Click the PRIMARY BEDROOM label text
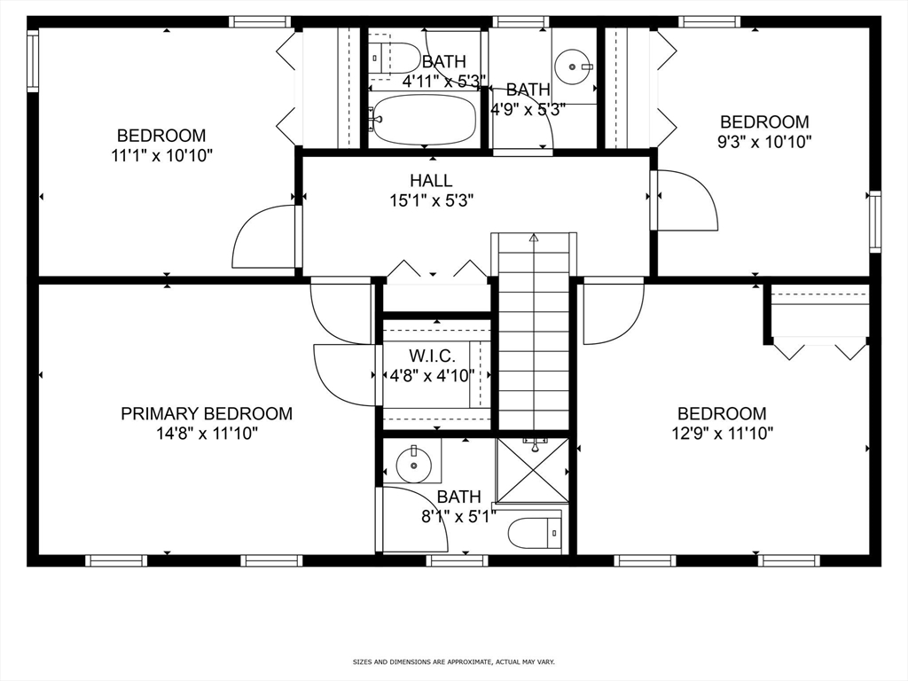(207, 413)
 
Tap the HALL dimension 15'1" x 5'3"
(431, 200)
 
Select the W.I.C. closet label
(432, 356)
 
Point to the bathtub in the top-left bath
(425, 119)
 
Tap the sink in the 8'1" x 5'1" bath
(414, 462)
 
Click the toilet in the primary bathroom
(535, 534)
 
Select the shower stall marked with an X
(532, 470)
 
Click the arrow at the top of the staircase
(534, 238)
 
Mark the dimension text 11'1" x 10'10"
(161, 155)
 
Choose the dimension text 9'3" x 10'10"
(763, 141)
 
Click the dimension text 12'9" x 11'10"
(722, 434)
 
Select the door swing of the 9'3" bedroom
(685, 200)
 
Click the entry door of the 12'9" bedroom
(612, 312)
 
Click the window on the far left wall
(33, 61)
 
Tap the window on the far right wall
(874, 222)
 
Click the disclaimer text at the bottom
(453, 661)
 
